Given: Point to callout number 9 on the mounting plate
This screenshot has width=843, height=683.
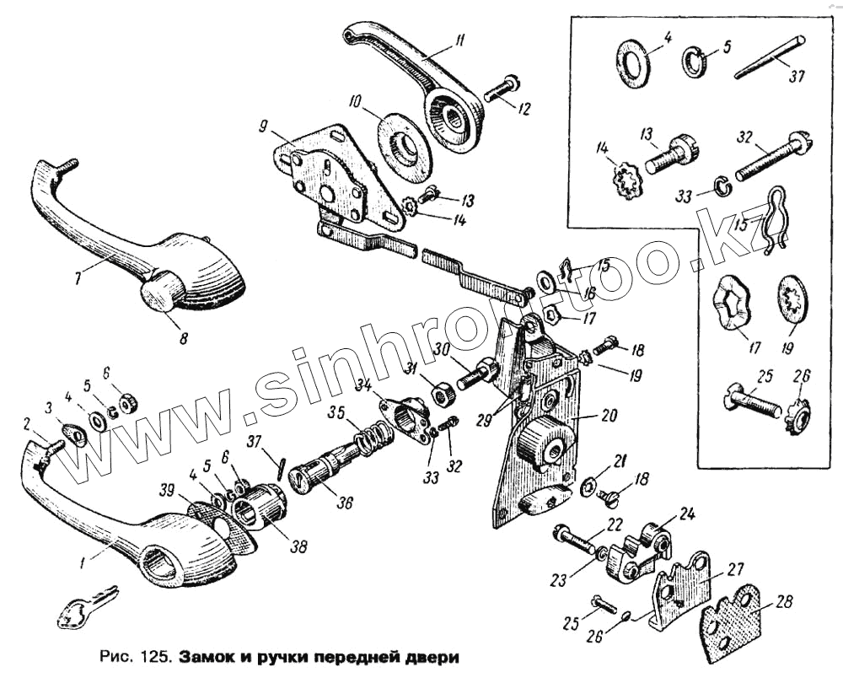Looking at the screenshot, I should click(x=264, y=127).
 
